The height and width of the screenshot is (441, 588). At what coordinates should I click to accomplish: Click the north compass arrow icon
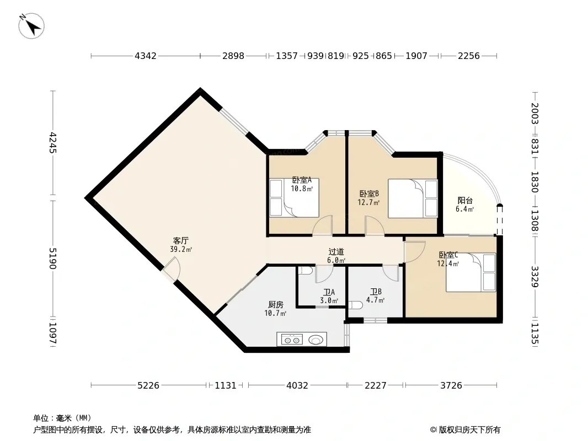tap(31, 26)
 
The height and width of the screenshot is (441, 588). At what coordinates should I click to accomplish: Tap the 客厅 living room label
tap(181, 240)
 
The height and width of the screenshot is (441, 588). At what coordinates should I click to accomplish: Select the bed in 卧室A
tap(295, 198)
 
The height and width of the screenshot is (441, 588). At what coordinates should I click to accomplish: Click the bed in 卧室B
tap(413, 198)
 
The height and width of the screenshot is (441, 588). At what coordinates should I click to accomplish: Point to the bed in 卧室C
tap(471, 272)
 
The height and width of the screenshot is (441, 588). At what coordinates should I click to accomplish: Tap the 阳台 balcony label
tap(465, 201)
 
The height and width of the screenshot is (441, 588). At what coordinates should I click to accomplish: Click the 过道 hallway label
tap(336, 252)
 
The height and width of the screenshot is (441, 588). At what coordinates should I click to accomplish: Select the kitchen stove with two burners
tap(292, 340)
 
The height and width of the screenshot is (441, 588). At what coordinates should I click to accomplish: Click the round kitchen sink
tap(316, 340)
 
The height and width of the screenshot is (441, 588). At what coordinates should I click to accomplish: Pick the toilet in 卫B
tap(355, 305)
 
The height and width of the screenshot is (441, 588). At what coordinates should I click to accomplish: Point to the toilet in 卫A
tap(303, 271)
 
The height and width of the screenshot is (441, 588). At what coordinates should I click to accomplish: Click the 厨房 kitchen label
tap(276, 305)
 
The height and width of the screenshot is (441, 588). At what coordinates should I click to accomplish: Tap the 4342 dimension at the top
tap(146, 56)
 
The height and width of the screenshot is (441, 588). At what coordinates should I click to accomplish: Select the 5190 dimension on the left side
tap(52, 259)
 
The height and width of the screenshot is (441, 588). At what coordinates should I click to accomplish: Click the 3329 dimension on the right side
tap(534, 277)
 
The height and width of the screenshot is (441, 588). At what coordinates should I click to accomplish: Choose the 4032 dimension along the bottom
tap(297, 385)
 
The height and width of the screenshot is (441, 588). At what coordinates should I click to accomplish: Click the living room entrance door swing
tap(172, 269)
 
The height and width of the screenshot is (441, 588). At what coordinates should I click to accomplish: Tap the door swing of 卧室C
tap(414, 251)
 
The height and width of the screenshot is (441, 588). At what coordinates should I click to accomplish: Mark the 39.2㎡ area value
tap(181, 249)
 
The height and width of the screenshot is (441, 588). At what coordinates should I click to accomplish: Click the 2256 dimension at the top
tap(469, 56)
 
